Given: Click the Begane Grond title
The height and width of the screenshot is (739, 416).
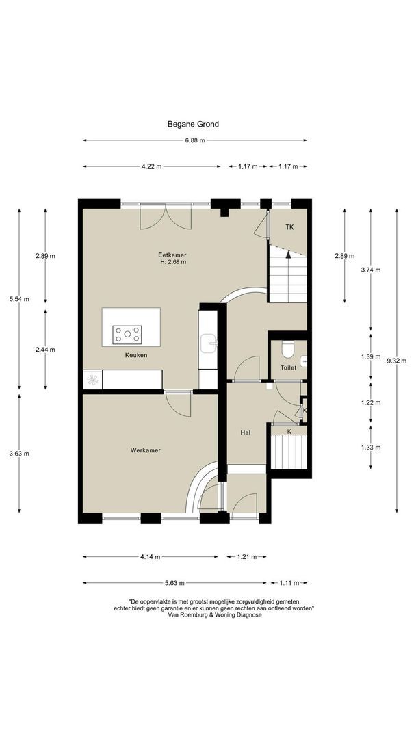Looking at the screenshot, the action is click(x=193, y=125).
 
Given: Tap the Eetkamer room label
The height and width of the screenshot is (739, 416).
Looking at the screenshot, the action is click(x=169, y=255).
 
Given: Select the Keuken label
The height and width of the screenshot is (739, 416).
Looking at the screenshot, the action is click(x=136, y=355).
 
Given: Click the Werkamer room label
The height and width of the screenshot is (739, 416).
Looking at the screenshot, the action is click(x=146, y=450).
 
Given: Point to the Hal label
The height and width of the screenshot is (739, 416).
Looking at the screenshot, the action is click(x=245, y=432).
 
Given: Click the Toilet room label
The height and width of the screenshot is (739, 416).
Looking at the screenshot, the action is click(x=288, y=367).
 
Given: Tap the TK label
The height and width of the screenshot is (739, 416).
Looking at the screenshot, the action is click(x=289, y=227).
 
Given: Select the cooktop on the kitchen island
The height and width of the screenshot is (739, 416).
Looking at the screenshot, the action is click(x=127, y=334).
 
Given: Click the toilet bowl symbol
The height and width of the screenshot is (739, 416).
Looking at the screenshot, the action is click(x=288, y=349).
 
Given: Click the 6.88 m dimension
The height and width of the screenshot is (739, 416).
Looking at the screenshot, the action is click(x=195, y=140).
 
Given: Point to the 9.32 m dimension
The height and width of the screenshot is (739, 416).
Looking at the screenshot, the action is click(x=397, y=361).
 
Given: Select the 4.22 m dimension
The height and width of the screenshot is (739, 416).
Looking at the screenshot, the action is click(x=152, y=166).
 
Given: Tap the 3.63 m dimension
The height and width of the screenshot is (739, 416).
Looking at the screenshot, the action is click(x=19, y=454).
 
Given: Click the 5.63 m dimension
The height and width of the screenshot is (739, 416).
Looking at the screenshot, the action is click(x=174, y=583).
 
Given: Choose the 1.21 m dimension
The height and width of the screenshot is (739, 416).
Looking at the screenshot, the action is click(x=246, y=557).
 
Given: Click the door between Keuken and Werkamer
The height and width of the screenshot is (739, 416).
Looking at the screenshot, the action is click(x=178, y=404).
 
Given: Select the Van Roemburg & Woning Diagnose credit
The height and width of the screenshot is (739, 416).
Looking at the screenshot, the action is click(x=214, y=615).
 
